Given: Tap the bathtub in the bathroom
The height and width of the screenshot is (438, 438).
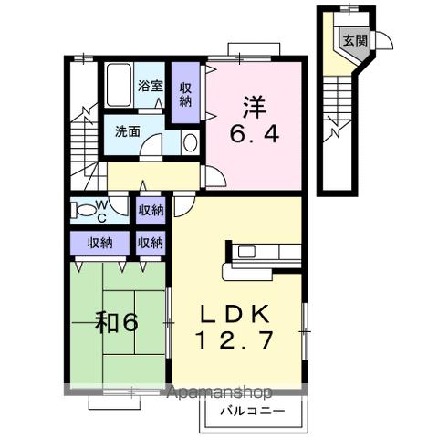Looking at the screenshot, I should (x=119, y=87).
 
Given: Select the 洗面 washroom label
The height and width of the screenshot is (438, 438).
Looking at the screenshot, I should (x=127, y=130).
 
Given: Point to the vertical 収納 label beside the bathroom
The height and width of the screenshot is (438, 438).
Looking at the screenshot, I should (x=185, y=94).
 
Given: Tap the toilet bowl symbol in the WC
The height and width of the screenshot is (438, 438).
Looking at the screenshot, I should (x=87, y=210).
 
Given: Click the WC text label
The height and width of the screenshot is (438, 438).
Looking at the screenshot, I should (x=101, y=213).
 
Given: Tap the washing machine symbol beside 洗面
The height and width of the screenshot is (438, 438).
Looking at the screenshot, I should (x=189, y=141).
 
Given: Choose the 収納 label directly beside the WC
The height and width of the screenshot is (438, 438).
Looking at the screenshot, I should (x=151, y=211).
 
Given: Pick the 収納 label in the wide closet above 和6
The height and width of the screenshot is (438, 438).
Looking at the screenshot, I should (x=100, y=243).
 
